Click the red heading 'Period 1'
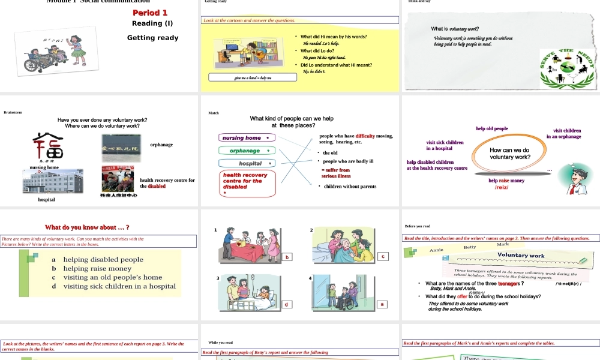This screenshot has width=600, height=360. (150, 13)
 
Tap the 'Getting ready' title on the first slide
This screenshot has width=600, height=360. (152, 38)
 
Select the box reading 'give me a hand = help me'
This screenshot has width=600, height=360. (253, 77)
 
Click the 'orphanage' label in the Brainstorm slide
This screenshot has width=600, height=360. (161, 145)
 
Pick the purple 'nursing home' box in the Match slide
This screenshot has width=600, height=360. (246, 138)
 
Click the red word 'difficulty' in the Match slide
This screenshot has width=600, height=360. (365, 136)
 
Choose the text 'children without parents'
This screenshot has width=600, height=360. (350, 187)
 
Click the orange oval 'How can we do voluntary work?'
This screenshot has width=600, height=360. (509, 154)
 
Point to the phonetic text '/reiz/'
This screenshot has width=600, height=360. (502, 187)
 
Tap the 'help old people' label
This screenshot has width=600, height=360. (492, 128)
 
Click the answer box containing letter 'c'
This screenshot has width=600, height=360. (382, 256)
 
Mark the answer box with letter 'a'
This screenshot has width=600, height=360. (382, 304)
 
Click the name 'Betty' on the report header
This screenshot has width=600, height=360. (470, 247)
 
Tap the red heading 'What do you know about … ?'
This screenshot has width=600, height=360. (87, 227)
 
